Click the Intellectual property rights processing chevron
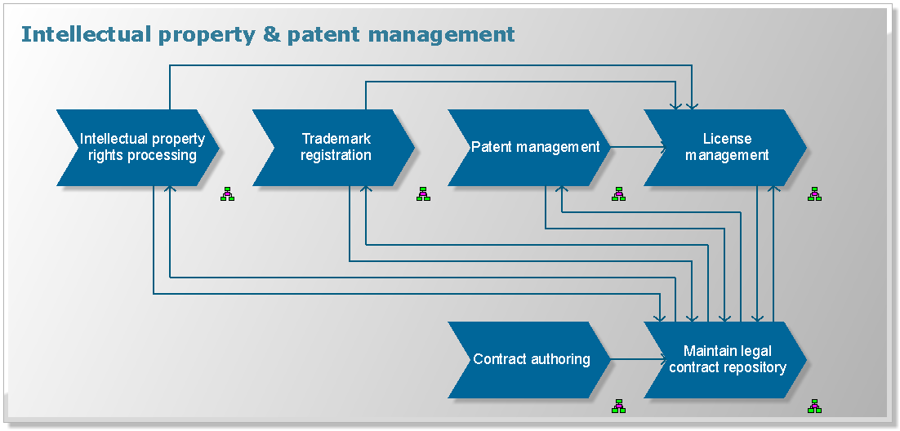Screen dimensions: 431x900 (x=139, y=148)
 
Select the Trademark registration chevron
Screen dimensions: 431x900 (x=334, y=148)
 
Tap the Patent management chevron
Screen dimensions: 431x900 (x=530, y=148)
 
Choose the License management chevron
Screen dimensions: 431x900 (x=726, y=148)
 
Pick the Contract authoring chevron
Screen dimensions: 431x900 (x=530, y=360)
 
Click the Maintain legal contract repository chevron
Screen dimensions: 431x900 (x=726, y=360)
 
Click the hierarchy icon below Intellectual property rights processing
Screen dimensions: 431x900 (x=227, y=194)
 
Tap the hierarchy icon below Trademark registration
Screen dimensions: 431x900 (x=423, y=194)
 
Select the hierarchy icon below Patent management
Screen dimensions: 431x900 (x=618, y=194)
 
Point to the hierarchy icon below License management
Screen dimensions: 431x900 (x=814, y=194)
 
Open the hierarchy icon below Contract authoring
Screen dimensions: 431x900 (x=618, y=406)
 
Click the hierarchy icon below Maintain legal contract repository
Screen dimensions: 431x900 (x=814, y=406)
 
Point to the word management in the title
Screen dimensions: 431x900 (x=441, y=35)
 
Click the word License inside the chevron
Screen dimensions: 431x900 (x=727, y=139)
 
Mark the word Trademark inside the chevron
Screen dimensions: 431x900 (x=336, y=139)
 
